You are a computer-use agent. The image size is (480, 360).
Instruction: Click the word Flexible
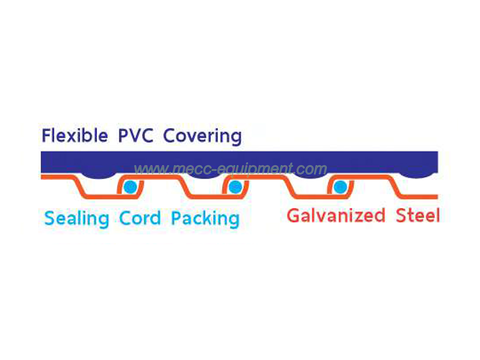(x=75, y=136)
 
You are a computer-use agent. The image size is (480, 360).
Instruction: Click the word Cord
(x=140, y=218)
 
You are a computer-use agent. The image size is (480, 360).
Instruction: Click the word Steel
(x=418, y=216)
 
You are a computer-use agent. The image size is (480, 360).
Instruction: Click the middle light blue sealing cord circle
(x=235, y=186)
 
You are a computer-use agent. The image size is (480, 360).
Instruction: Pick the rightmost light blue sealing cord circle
(x=340, y=186)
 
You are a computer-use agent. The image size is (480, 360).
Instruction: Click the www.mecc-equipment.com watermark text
(x=230, y=169)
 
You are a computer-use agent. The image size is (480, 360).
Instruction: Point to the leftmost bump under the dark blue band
(x=98, y=175)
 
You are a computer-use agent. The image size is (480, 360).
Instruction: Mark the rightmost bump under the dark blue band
(x=416, y=175)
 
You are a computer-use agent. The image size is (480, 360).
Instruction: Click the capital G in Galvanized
(x=294, y=216)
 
